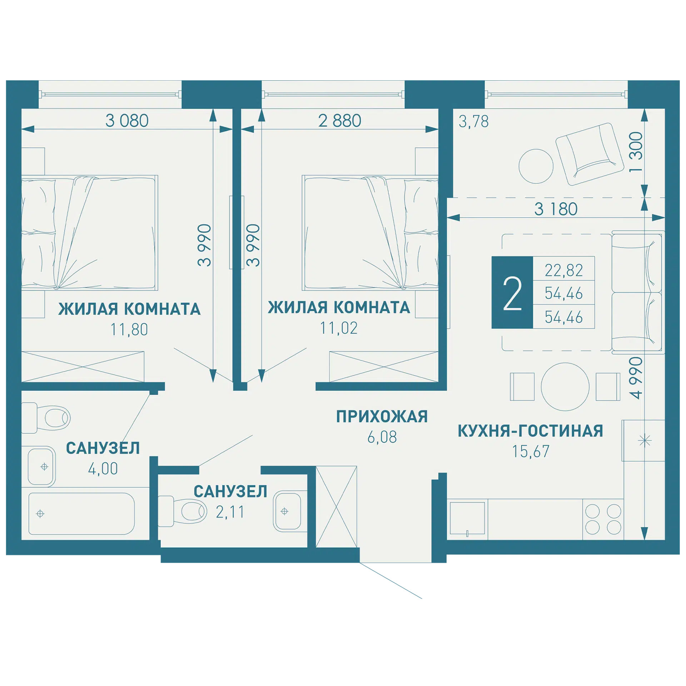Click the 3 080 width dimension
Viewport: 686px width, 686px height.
pos(127,121)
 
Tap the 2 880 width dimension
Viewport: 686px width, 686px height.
pos(339,121)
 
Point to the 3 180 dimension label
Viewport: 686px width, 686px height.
pos(556,209)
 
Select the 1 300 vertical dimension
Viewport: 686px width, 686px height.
pos(636,152)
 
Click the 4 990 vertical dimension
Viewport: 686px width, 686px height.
pos(636,378)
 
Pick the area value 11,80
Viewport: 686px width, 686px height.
pos(129,329)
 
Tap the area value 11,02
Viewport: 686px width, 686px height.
pos(339,328)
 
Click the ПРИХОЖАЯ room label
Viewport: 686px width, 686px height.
pos(382,417)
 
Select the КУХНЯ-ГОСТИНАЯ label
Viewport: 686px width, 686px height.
pos(530,431)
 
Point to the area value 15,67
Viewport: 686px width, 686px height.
pos(531,452)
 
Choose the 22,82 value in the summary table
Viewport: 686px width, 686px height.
pos(564,270)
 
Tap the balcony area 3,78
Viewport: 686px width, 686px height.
pos(473,121)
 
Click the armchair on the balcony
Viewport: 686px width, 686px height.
pos(590,154)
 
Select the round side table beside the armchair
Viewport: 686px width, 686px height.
pos(536,166)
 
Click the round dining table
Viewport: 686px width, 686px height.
pos(565,387)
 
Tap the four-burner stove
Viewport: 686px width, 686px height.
pos(603,519)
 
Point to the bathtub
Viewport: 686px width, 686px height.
pos(81,514)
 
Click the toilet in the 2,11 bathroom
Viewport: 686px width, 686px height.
pos(182,511)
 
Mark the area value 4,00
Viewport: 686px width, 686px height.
pos(103,469)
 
